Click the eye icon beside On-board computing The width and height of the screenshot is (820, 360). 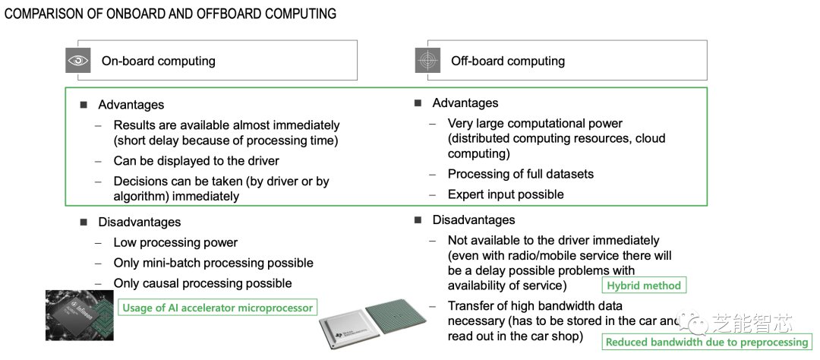click(x=78, y=61)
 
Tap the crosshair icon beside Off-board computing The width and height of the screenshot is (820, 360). click(x=427, y=61)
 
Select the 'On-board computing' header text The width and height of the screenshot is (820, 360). click(x=158, y=61)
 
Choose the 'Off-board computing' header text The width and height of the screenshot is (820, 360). click(x=507, y=61)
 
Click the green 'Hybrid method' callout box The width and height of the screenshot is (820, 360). click(x=644, y=286)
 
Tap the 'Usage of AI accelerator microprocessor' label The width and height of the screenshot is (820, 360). click(x=216, y=308)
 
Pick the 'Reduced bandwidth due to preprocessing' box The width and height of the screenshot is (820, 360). click(x=706, y=342)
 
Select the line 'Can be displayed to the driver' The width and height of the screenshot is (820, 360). click(x=196, y=161)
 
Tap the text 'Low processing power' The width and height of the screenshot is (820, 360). click(x=175, y=243)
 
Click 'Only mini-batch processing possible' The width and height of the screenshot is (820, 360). click(x=213, y=263)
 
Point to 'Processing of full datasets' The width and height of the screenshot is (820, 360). click(x=520, y=174)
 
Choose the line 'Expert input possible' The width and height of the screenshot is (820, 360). click(x=505, y=194)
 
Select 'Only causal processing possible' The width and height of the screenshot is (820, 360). click(x=202, y=283)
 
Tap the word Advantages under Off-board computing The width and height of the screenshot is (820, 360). click(x=465, y=103)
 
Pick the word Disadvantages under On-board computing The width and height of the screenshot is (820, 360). click(x=139, y=223)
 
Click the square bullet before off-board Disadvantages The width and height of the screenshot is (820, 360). click(x=418, y=220)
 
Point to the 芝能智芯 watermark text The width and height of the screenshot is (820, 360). click(x=751, y=324)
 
